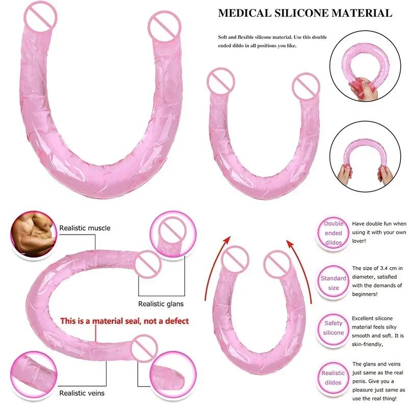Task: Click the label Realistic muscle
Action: tap(85, 228)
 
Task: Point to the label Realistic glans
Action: tap(161, 304)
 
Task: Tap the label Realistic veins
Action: tap(82, 393)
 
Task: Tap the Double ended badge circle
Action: tap(334, 233)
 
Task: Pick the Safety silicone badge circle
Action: tap(334, 327)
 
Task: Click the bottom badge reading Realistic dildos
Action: tap(334, 377)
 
